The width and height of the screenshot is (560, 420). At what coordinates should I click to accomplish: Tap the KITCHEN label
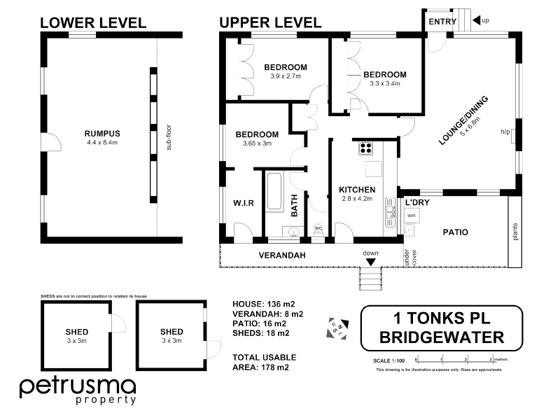coord(357,190)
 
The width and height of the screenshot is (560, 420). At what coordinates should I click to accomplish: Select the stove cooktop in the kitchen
coord(365,148)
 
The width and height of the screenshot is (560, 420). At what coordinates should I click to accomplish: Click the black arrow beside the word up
coord(476,21)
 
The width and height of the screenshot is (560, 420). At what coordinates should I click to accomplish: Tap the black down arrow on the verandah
coord(370,262)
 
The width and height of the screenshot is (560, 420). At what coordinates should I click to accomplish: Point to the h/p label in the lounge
coord(505,132)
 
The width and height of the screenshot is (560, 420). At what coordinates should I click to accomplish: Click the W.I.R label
coord(243,204)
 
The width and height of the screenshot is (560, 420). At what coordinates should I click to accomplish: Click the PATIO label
coord(454,232)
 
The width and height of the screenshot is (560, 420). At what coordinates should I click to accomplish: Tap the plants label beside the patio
coord(515,232)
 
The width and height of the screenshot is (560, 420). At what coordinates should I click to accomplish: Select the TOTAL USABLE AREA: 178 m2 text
coord(264,362)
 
